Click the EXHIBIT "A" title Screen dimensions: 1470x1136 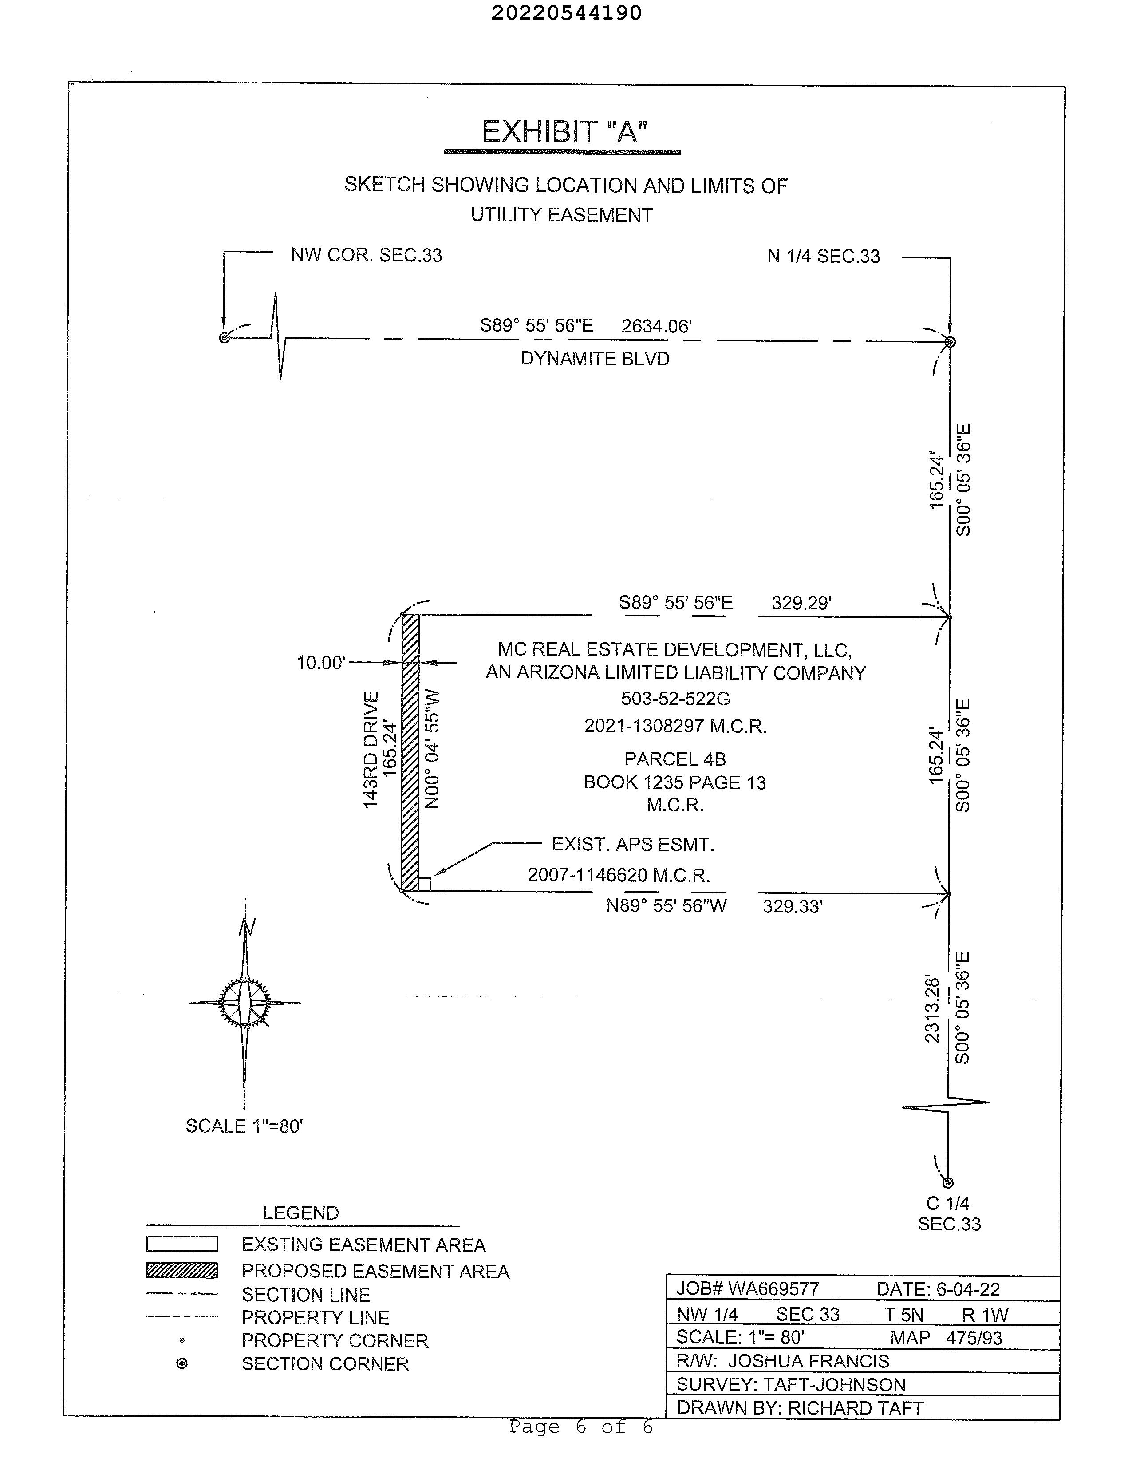tap(564, 132)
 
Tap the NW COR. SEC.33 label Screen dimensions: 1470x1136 tap(366, 256)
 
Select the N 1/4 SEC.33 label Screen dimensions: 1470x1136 tap(823, 257)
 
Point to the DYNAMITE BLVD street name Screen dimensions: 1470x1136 tap(595, 359)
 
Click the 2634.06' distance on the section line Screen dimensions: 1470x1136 tap(656, 326)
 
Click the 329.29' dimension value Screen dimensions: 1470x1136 tap(801, 603)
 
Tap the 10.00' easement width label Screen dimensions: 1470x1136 tap(321, 663)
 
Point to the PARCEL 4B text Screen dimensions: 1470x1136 tap(675, 759)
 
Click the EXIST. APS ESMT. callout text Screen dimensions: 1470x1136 tap(633, 845)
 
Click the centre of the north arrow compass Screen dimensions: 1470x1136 tap(245, 1002)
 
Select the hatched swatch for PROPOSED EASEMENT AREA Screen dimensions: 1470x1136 tap(181, 1270)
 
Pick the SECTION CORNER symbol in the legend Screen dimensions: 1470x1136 tap(181, 1363)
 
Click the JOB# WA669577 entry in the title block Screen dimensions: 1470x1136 tap(748, 1289)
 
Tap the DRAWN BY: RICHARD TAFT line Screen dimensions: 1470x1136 tap(800, 1408)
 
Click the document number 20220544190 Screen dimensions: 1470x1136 tap(566, 13)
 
